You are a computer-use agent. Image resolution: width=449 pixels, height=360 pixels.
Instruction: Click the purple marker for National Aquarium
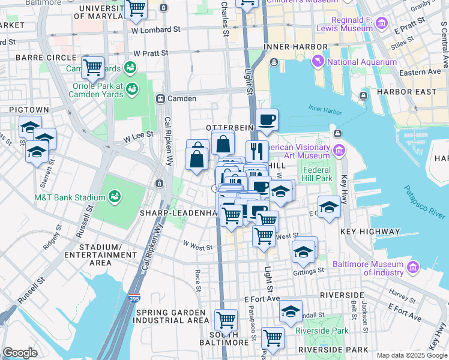318,61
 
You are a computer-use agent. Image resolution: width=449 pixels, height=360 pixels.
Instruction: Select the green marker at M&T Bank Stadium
113,196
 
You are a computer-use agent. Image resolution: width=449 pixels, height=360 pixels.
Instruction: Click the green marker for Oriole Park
131,89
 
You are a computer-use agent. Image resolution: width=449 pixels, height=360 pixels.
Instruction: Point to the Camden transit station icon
160,98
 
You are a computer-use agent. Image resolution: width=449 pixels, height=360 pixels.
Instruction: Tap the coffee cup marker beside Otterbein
267,119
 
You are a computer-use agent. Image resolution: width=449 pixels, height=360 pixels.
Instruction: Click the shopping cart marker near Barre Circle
92,67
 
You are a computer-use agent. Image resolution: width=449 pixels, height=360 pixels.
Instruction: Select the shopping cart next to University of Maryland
137,8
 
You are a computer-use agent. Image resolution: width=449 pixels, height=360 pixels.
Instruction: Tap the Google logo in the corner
20,353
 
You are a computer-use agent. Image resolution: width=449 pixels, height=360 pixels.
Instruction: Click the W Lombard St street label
155,29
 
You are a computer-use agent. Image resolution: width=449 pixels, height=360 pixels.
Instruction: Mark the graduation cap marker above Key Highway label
328,208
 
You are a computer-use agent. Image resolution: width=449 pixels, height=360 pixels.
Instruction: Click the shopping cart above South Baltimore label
226,320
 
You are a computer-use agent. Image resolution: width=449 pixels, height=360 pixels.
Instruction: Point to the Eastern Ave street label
420,72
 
